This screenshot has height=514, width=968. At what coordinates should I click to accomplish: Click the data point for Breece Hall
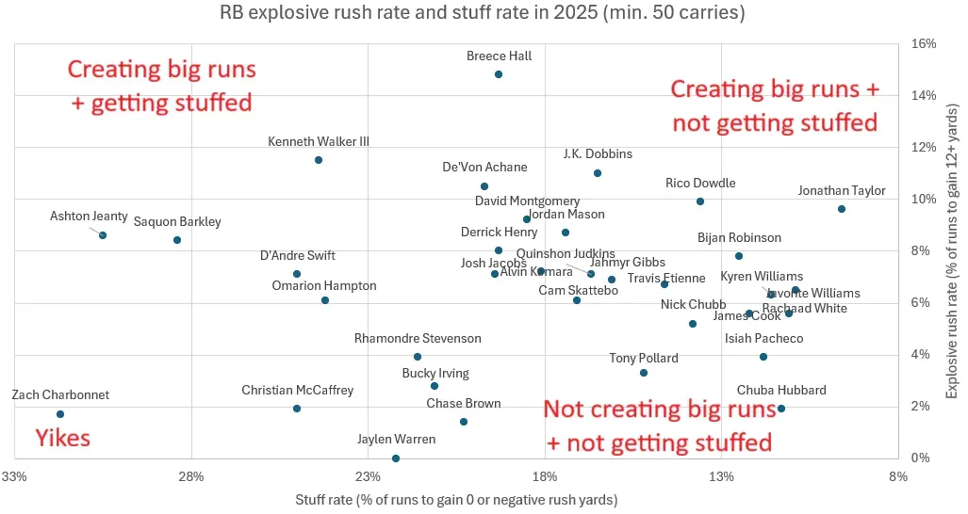click(x=499, y=74)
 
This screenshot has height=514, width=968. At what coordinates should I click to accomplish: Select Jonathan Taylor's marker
click(x=842, y=209)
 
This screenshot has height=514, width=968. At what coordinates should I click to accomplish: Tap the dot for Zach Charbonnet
click(x=60, y=414)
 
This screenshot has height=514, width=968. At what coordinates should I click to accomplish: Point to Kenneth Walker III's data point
click(x=319, y=160)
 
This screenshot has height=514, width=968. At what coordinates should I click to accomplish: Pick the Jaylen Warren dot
click(x=396, y=458)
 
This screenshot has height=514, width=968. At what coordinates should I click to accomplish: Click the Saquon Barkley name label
click(x=177, y=222)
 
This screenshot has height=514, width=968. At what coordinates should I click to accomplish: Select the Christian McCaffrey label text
click(x=297, y=390)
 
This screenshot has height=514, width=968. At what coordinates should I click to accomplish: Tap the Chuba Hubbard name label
click(x=781, y=390)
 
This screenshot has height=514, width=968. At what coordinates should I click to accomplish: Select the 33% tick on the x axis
click(x=14, y=477)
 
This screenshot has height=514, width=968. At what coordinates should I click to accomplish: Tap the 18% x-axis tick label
click(x=545, y=477)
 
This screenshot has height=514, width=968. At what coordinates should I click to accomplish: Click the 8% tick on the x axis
click(x=898, y=477)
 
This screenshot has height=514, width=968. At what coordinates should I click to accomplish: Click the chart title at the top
click(x=483, y=14)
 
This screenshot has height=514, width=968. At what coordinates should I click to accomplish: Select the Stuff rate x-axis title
click(x=456, y=499)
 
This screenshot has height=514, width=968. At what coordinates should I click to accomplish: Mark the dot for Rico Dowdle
click(x=700, y=201)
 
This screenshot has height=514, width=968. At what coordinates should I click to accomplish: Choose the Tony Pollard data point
click(x=644, y=373)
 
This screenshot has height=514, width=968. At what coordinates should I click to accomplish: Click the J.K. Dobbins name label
click(x=598, y=154)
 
